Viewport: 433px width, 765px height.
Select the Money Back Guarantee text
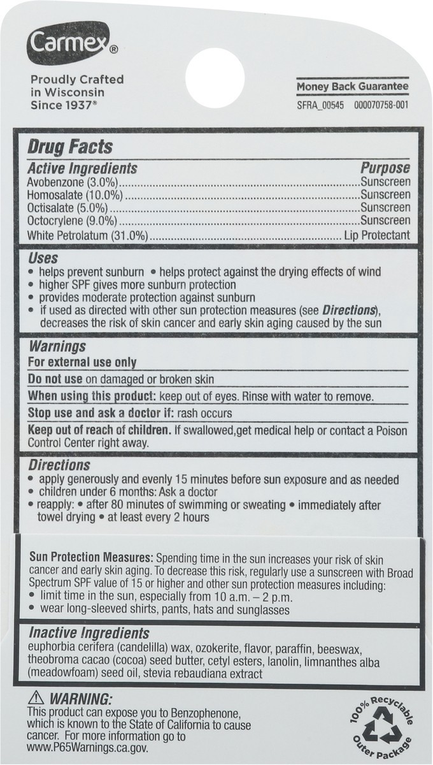(351, 86)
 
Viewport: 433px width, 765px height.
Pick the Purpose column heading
(385, 168)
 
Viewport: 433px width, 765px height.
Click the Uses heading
(43, 258)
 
